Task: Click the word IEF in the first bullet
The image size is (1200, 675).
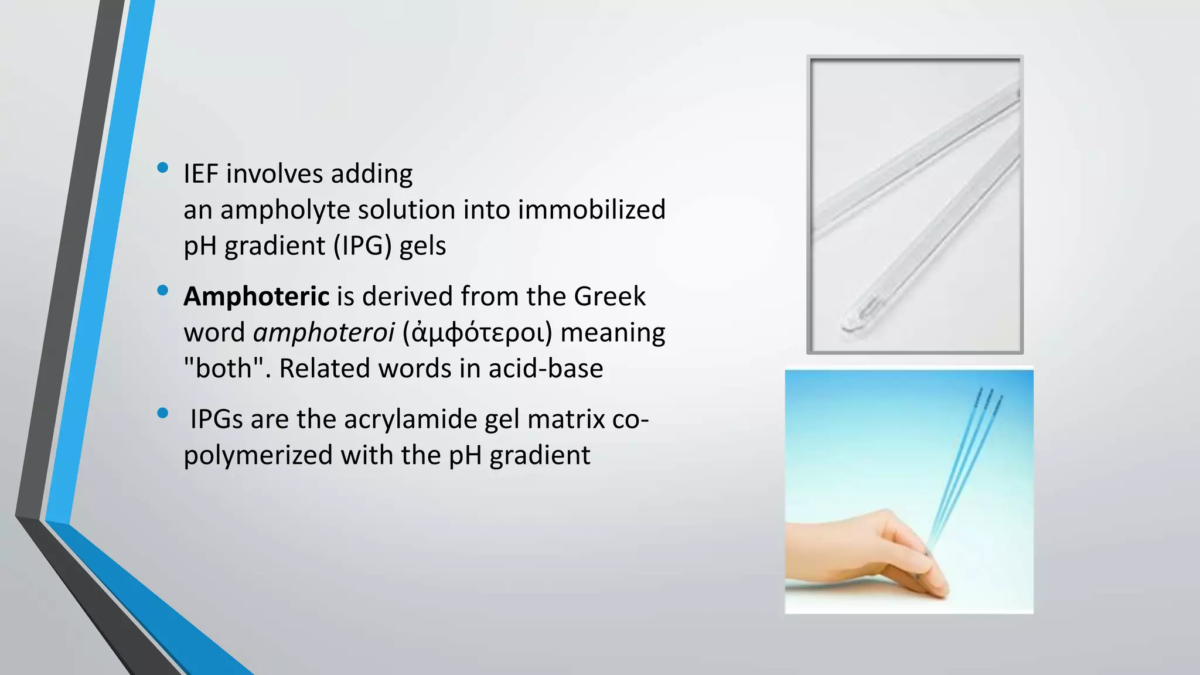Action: click(201, 174)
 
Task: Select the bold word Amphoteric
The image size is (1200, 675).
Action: click(256, 296)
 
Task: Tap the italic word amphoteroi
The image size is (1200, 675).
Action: click(323, 333)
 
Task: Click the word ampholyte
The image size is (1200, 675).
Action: click(285, 210)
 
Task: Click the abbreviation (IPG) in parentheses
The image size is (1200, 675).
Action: click(363, 246)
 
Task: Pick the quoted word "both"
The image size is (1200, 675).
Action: click(223, 369)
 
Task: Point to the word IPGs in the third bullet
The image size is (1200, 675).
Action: click(216, 420)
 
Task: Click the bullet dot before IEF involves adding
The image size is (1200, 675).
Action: click(163, 169)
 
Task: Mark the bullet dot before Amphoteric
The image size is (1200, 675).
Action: click(163, 291)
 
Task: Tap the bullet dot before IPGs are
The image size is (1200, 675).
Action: click(163, 414)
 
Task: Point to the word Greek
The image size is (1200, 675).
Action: click(609, 296)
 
